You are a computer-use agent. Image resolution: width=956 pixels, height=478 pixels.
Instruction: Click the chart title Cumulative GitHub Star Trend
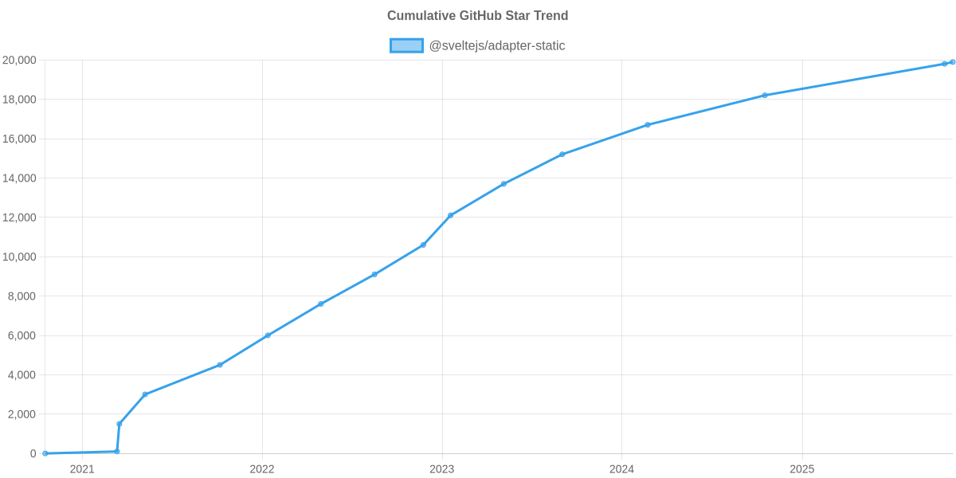(x=477, y=16)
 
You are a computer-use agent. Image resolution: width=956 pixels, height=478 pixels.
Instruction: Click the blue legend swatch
(x=406, y=45)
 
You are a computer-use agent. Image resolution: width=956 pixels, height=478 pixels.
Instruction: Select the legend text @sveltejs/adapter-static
(x=496, y=45)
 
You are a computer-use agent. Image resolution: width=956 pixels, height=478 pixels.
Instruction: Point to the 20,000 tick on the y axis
(x=19, y=61)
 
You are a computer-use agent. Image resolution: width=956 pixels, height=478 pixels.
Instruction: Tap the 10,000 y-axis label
(x=19, y=257)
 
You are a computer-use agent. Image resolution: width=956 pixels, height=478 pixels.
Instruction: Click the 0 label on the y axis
(x=33, y=454)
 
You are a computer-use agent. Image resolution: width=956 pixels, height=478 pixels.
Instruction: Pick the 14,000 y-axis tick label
(x=19, y=178)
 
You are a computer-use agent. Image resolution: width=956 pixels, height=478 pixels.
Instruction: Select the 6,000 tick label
(x=22, y=336)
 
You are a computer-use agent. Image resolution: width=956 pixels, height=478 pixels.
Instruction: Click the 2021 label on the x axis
(x=82, y=469)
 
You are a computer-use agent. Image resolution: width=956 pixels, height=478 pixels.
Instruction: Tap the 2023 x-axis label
(x=441, y=469)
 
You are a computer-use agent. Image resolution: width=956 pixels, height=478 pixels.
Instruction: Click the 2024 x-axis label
(x=621, y=469)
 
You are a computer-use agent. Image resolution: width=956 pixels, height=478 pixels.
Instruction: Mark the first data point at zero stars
(x=45, y=453)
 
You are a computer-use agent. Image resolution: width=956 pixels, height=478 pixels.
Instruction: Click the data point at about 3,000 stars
(x=145, y=394)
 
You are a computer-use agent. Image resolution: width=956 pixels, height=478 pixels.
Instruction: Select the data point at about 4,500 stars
(x=220, y=365)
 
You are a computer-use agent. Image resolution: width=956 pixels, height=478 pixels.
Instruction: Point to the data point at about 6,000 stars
(x=268, y=335)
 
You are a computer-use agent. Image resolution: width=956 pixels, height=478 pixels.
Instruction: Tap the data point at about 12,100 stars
(x=451, y=215)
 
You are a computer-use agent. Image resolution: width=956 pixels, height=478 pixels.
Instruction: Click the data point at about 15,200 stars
(x=562, y=155)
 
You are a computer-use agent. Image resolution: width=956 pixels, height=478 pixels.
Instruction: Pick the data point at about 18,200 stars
(x=765, y=96)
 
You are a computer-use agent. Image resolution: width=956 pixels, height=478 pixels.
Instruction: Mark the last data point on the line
(x=953, y=62)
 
